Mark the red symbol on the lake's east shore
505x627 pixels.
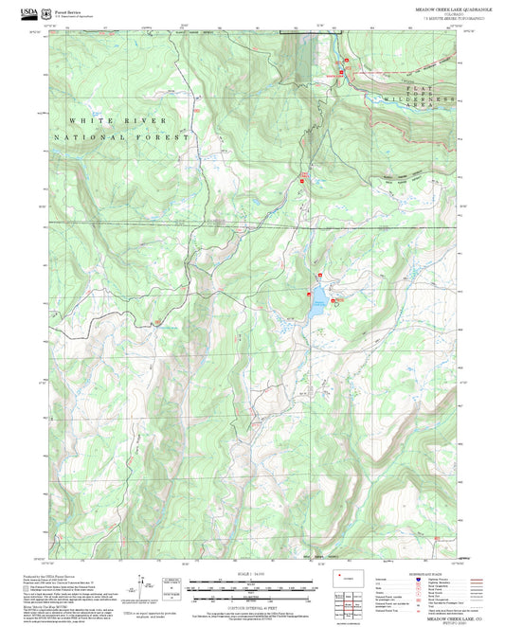pos(333,300)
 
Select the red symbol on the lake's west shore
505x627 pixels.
pos(308,295)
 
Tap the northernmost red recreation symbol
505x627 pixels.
pos(346,61)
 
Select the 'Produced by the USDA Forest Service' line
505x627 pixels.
pos(47,575)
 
